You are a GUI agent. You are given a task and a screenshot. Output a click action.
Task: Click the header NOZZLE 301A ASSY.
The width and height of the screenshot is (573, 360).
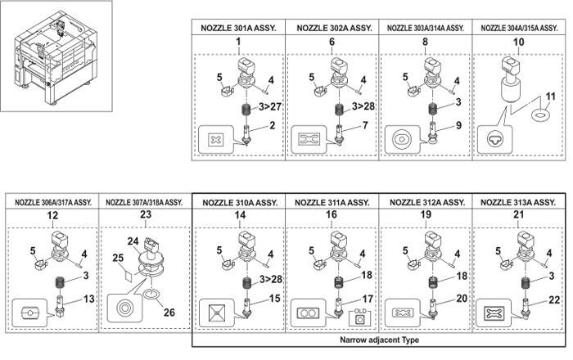point(238,27)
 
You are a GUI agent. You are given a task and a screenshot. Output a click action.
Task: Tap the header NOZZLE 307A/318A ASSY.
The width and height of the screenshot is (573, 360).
point(144,201)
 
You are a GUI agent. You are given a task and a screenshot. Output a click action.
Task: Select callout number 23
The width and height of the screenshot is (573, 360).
point(144,215)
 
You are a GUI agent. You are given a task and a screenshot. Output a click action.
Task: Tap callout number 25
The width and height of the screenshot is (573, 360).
point(118,259)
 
